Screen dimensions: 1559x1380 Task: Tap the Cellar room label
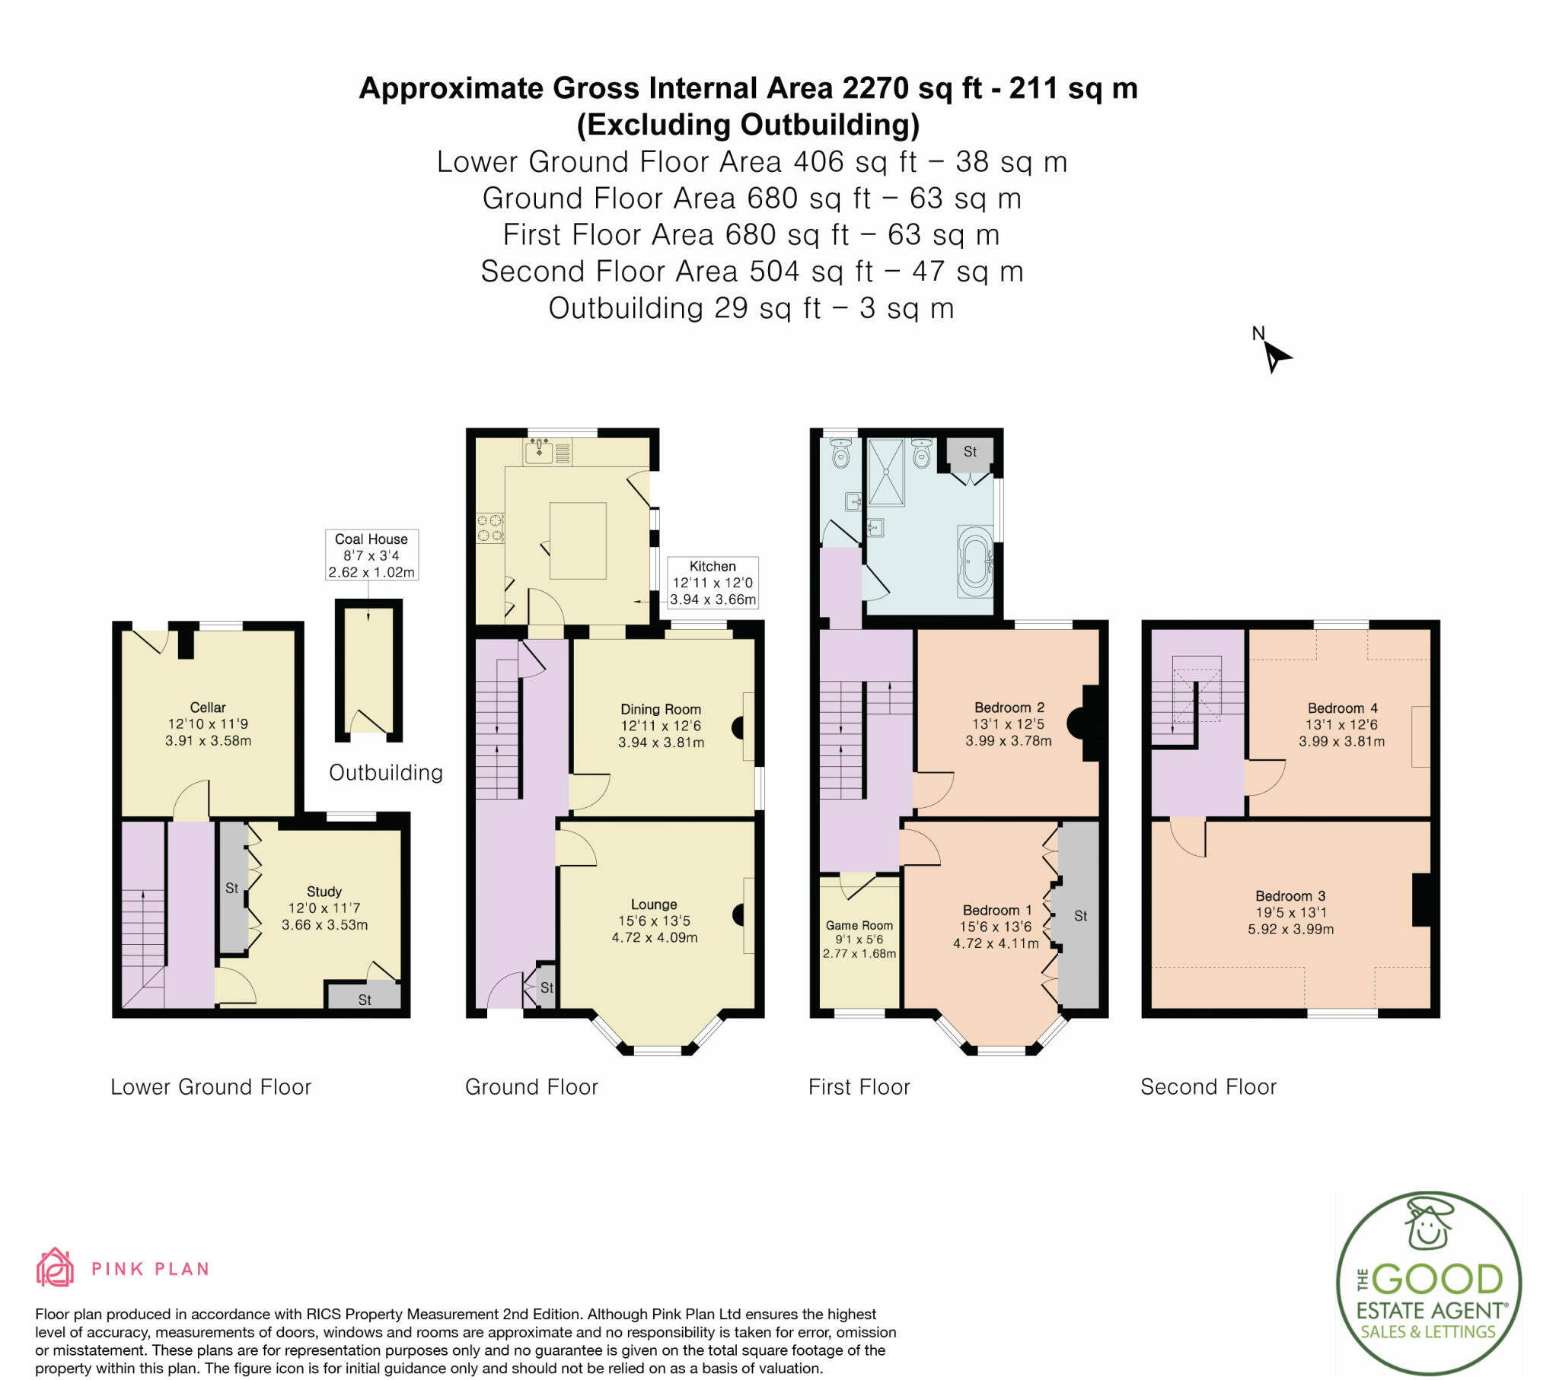(x=208, y=707)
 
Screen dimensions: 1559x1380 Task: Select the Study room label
(x=324, y=892)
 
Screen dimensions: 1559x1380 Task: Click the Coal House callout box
(x=371, y=555)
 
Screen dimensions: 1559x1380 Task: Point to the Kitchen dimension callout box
(x=713, y=583)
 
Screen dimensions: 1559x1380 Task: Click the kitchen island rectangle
(x=578, y=541)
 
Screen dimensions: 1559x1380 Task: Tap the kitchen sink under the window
(x=539, y=451)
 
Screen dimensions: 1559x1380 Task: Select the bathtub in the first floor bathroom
(x=976, y=563)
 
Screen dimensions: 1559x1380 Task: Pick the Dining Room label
(x=661, y=709)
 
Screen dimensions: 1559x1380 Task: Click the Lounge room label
(x=654, y=905)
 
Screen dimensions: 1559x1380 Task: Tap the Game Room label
(x=859, y=925)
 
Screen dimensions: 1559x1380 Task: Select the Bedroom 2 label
(x=1009, y=707)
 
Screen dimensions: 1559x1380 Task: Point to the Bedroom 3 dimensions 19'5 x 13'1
(x=1290, y=913)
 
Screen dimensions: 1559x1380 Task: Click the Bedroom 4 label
(x=1341, y=708)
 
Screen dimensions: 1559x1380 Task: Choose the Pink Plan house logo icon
(x=55, y=1267)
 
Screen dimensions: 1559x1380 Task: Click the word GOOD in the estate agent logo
(x=1439, y=1280)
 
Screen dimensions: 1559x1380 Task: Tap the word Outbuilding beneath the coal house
(x=386, y=772)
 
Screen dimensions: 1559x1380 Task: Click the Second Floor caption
(x=1208, y=1086)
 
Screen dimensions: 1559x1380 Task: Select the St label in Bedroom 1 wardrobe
(x=1080, y=916)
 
